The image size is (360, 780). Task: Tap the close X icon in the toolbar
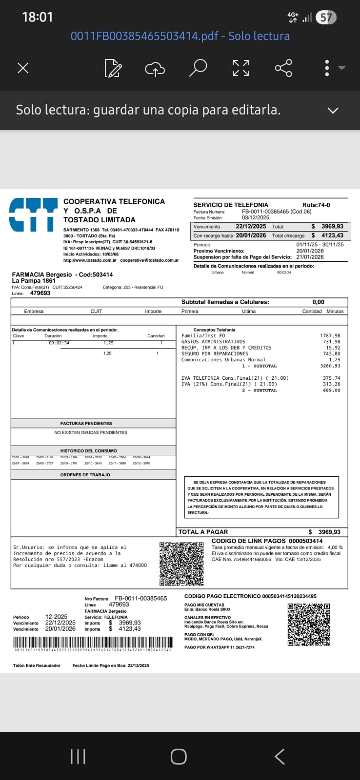(23, 68)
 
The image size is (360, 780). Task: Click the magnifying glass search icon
(198, 68)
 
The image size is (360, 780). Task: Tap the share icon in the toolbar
(283, 68)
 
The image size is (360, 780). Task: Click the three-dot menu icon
(327, 68)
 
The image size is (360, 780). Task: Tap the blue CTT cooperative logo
(33, 214)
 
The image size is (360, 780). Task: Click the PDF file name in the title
(180, 36)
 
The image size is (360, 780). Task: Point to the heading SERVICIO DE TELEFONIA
(231, 205)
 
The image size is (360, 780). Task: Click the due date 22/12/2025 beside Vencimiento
(251, 226)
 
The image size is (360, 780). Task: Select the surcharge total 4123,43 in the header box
(332, 235)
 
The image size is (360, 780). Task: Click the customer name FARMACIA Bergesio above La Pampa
(42, 274)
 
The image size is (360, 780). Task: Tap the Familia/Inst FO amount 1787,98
(330, 336)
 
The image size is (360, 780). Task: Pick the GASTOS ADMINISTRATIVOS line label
(213, 342)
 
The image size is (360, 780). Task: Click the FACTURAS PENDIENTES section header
(86, 424)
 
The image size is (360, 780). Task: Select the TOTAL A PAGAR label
(203, 532)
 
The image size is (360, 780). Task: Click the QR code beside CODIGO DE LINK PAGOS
(181, 564)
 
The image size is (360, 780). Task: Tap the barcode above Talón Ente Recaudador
(92, 643)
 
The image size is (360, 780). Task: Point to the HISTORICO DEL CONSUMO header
(89, 451)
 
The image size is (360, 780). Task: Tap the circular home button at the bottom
(179, 757)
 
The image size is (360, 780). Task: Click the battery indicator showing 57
(326, 18)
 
